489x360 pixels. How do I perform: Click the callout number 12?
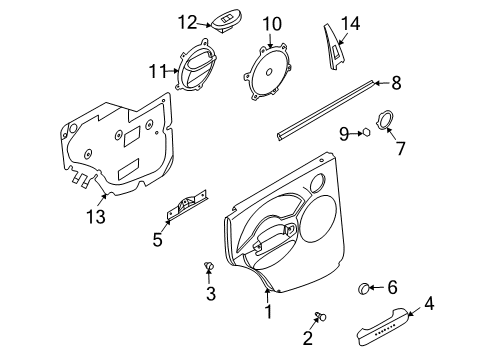tap(189, 21)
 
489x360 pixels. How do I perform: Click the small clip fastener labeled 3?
tap(209, 264)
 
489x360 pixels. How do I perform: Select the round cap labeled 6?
tap(366, 289)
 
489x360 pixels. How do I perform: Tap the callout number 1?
tap(267, 311)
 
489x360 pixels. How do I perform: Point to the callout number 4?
tap(429, 302)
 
